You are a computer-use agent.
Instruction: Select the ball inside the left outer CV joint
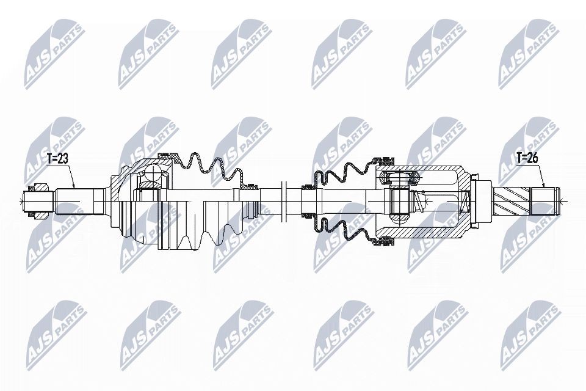[x=148, y=178]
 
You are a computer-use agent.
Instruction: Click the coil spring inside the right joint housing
[x=418, y=200]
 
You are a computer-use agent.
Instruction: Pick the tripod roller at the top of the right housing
[x=399, y=178]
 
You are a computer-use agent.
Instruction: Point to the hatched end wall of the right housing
[x=466, y=200]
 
